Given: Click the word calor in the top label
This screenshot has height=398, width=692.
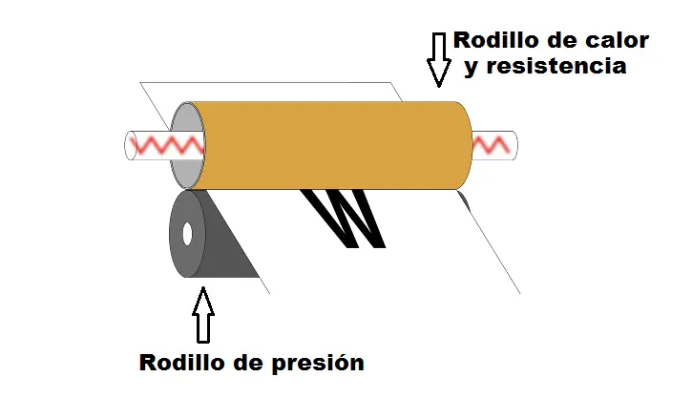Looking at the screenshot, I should pos(616,41).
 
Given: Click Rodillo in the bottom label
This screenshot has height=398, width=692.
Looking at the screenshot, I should pos(184,364).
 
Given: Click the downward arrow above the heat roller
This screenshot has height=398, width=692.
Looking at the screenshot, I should pos(439,58).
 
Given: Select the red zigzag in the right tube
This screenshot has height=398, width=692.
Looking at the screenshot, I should pos(492,144).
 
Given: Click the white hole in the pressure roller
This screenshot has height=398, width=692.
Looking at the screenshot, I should pos(188,233).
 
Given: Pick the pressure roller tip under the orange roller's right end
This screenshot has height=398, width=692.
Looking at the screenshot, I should pos(462,199).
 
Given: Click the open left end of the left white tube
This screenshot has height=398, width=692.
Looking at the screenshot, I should pos(129,146).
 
